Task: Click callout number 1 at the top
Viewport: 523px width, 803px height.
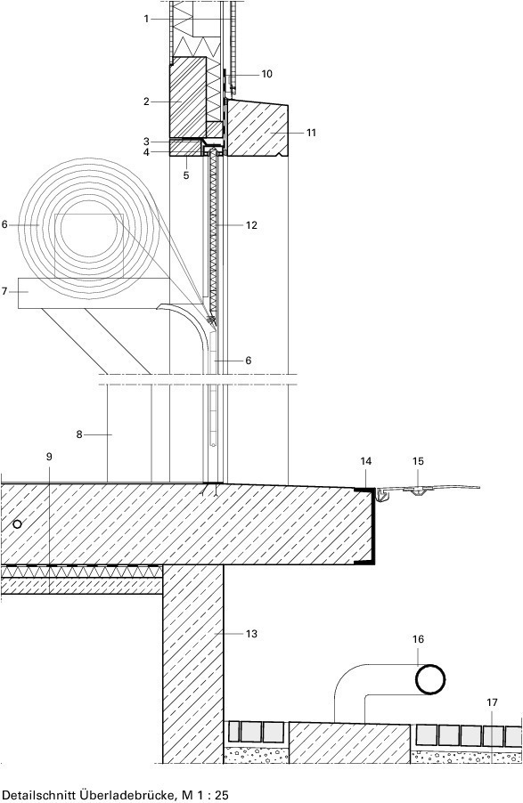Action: point(146,19)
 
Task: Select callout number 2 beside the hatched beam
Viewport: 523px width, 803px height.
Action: point(146,101)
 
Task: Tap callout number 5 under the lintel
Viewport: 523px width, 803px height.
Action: point(185,175)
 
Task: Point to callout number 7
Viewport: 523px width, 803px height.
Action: point(4,291)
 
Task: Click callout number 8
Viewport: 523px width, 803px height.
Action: point(79,434)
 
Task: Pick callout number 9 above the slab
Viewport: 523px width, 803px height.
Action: point(49,457)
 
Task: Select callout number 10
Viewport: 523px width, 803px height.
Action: point(266,74)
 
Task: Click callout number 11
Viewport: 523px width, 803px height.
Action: point(311,133)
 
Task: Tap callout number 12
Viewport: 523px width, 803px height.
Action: point(251,225)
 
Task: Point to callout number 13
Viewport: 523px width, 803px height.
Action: point(251,634)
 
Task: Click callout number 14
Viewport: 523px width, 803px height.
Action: point(365,461)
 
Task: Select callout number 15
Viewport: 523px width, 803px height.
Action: point(418,461)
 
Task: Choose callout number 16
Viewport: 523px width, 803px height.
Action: point(418,638)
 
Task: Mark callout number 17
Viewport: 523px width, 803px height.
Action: point(492,702)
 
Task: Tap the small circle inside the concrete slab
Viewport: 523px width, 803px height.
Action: point(18,523)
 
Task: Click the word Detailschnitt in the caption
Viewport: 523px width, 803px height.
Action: point(39,795)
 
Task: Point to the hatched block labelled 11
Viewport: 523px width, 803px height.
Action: point(257,128)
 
